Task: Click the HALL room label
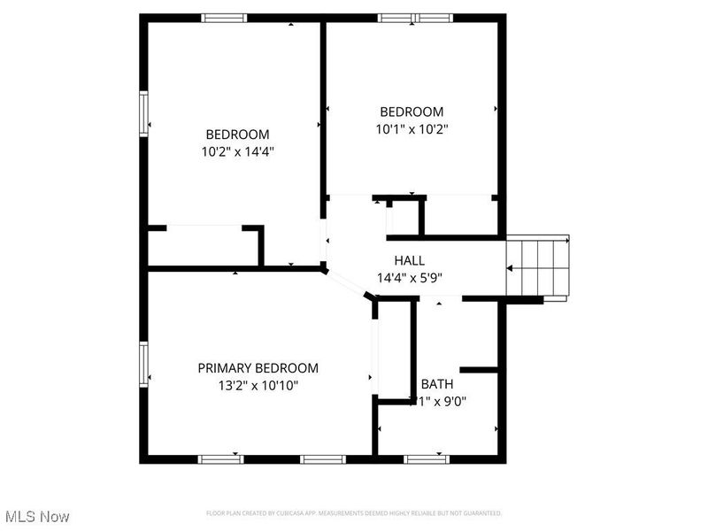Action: [409, 260]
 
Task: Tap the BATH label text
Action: [436, 384]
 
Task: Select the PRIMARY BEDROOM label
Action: [258, 368]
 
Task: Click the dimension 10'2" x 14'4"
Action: [237, 151]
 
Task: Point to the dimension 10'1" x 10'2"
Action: [412, 128]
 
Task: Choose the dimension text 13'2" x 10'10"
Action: [258, 385]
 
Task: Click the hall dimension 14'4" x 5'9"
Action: [411, 277]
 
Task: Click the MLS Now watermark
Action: [36, 516]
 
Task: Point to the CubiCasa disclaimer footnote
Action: [354, 513]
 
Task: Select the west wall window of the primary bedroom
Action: [143, 364]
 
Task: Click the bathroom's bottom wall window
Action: [427, 458]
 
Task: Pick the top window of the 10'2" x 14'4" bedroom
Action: [225, 18]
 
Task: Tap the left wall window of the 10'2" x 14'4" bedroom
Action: [143, 112]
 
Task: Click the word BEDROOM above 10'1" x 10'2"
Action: [412, 112]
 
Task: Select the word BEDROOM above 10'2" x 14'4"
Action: [237, 135]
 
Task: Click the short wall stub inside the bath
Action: [479, 368]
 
